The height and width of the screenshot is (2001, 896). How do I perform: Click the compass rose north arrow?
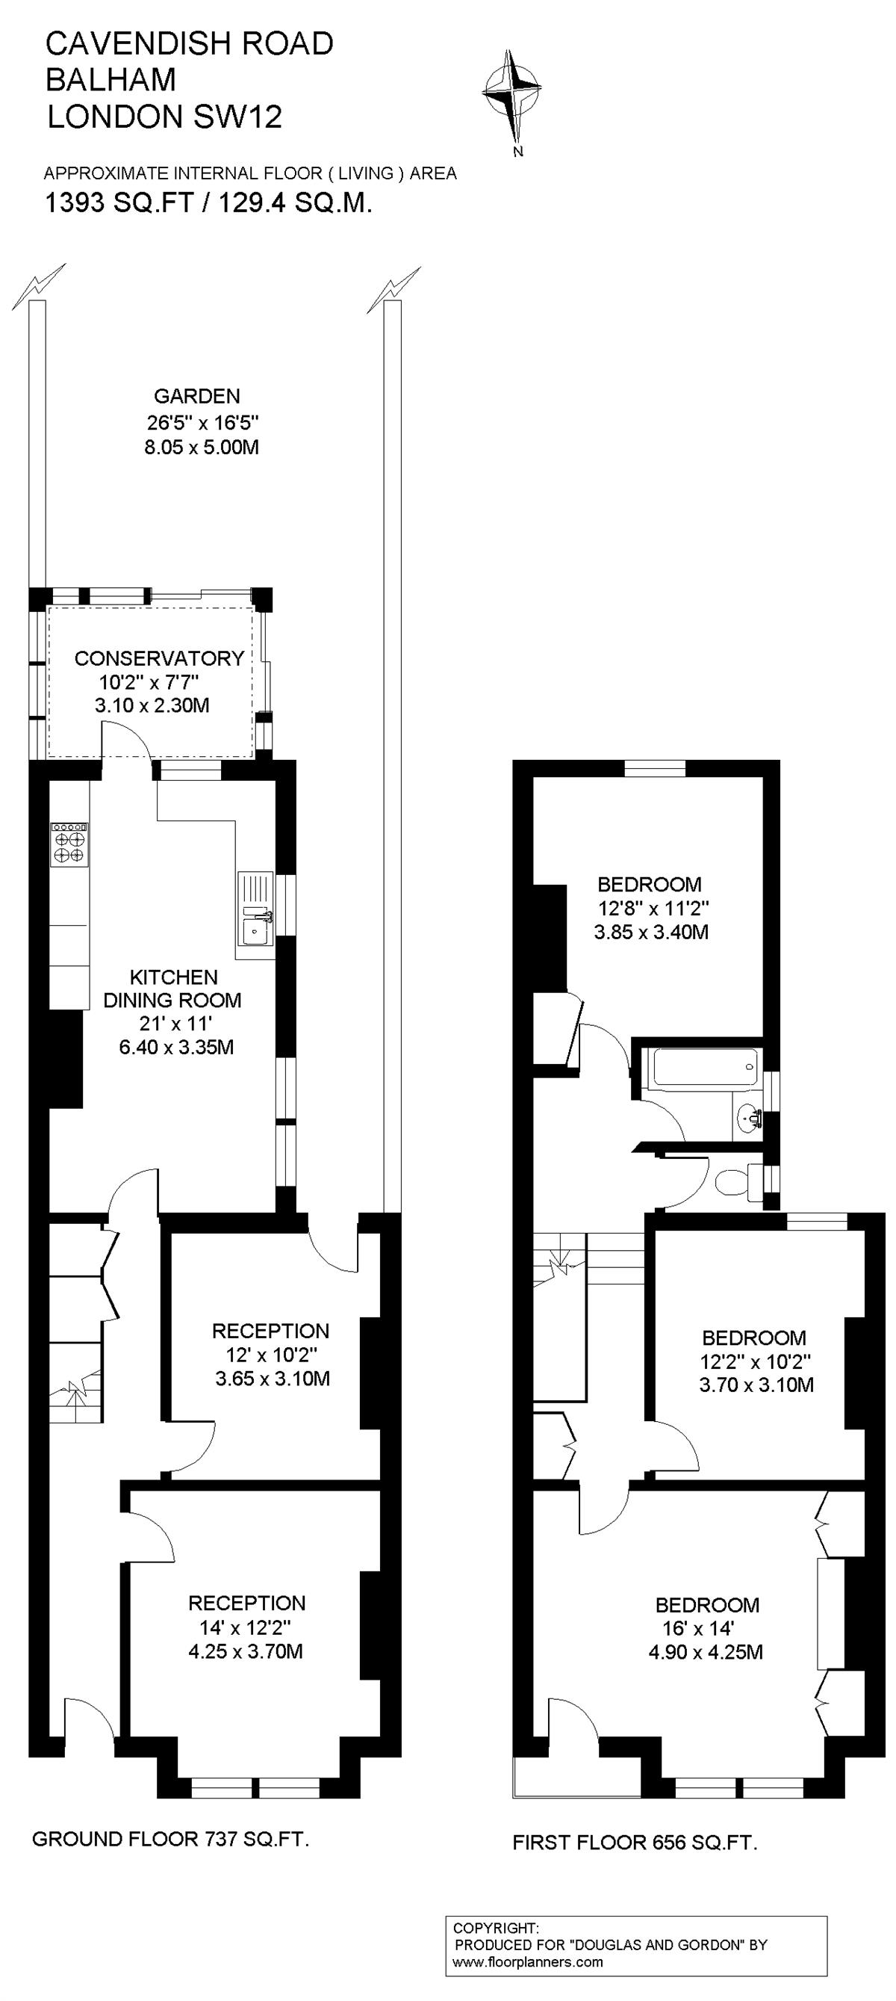511,93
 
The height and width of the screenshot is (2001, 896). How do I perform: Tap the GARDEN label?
196,396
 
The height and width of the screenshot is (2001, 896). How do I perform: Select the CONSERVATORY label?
159,658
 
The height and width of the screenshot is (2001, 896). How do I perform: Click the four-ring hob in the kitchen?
69,844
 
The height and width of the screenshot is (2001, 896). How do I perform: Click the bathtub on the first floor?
705,1067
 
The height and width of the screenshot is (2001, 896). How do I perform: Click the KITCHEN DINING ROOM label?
173,988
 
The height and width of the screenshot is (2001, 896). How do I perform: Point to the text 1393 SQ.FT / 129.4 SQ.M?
209,203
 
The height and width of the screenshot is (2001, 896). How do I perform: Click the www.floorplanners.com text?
528,1962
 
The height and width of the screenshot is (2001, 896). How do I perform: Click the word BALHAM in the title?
111,80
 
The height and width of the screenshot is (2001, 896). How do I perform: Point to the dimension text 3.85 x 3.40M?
651,933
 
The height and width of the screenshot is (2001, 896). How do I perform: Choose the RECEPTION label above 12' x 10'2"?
271,1331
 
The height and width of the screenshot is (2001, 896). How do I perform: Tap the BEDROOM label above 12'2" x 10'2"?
754,1337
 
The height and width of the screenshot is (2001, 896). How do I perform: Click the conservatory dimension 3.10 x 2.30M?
152,706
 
